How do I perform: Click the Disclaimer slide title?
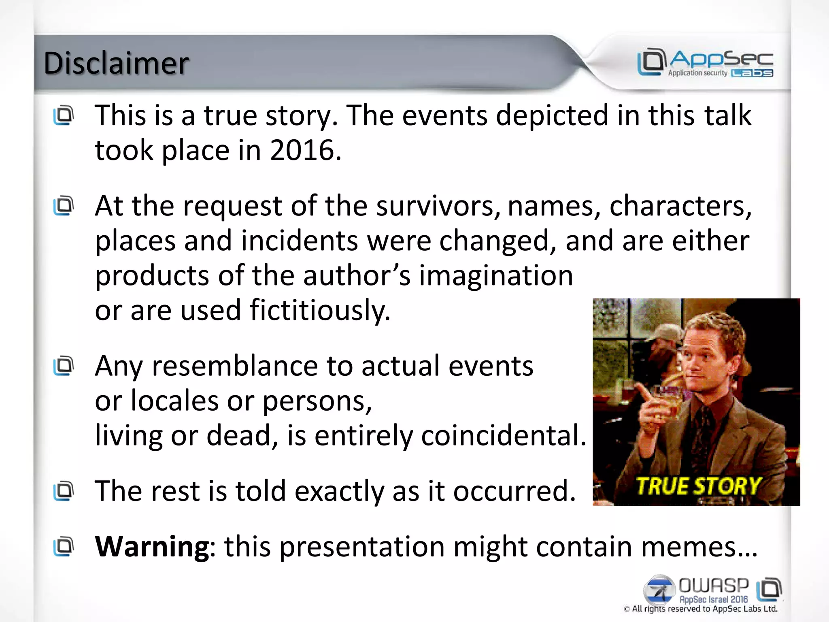pos(116,63)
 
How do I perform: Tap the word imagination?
pos(496,275)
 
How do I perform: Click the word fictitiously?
pos(320,310)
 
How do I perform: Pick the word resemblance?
pos(235,366)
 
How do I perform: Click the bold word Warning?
pos(152,546)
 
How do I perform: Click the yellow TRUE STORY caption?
pos(698,486)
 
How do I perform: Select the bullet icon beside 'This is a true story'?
pos(64,115)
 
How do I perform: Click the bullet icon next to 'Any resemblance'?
pos(64,366)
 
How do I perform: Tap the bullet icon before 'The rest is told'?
pos(64,491)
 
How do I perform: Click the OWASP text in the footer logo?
pos(713,586)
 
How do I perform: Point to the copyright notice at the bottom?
pos(700,609)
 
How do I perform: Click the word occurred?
pos(514,491)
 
